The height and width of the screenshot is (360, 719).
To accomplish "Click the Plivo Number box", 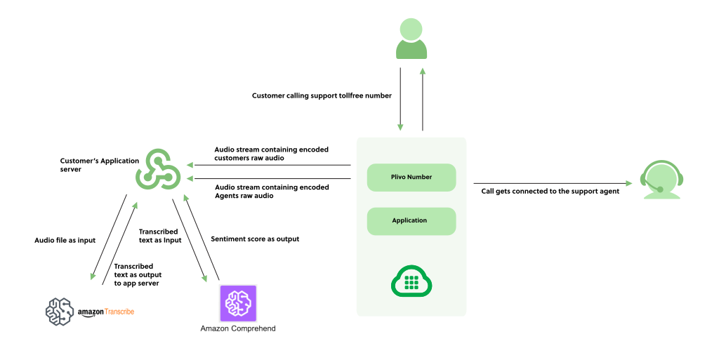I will [x=411, y=178].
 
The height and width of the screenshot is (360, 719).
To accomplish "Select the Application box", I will [x=411, y=221].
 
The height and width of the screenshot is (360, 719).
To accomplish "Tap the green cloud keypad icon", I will [x=411, y=282].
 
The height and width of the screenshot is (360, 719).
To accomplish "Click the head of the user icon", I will [x=411, y=29].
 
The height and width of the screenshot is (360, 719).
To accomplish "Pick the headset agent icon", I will [x=661, y=180].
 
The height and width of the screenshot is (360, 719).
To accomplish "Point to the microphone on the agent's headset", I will [x=660, y=189].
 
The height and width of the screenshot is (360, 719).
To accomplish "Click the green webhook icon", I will [x=158, y=169].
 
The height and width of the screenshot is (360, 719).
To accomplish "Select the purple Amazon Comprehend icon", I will [x=238, y=303].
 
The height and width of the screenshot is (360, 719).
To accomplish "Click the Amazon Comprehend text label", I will [x=238, y=328].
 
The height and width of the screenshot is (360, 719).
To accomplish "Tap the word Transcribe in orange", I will [x=119, y=311].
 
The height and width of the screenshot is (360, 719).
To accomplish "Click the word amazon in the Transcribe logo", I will [x=91, y=312].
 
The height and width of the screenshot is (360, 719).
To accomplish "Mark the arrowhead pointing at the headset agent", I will [x=629, y=184].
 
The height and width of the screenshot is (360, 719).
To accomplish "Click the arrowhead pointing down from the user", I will [x=400, y=128].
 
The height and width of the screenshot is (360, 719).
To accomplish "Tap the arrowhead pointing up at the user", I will [x=423, y=71].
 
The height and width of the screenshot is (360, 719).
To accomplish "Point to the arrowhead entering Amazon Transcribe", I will [x=93, y=276].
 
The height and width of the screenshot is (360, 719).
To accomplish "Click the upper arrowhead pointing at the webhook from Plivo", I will [x=190, y=165].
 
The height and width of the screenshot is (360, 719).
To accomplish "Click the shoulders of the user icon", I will [x=411, y=51].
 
